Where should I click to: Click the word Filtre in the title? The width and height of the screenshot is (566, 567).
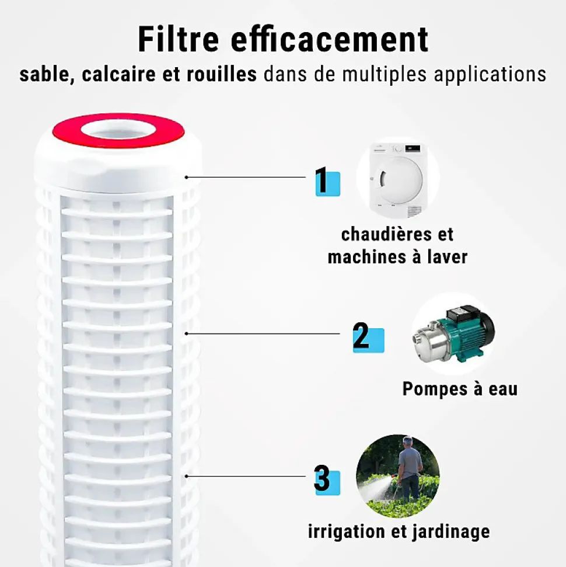coord(179,39)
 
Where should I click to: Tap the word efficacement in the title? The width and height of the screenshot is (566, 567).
coord(330,39)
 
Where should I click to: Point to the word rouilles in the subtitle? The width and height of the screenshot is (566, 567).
coord(222,74)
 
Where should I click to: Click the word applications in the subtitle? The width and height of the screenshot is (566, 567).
coord(490,75)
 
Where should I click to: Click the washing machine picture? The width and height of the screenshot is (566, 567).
coord(398,180)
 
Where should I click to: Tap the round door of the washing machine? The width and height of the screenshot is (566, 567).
coord(401,180)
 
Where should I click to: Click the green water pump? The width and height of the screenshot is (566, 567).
coord(454,333)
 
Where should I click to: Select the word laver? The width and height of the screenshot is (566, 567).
coord(448,257)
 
